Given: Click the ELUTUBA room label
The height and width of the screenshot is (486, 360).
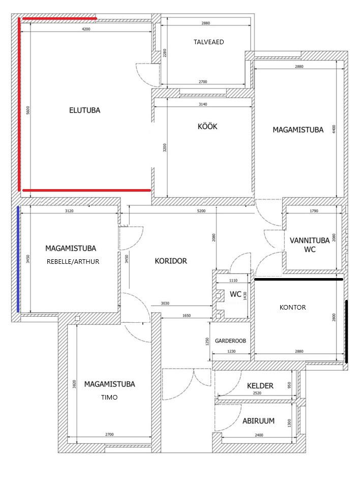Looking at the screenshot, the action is (84, 110).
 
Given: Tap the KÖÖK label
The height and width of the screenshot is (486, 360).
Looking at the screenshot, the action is (207, 126).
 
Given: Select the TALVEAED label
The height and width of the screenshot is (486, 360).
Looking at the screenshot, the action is (208, 42).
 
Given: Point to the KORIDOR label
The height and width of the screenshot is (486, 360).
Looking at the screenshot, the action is (171, 261).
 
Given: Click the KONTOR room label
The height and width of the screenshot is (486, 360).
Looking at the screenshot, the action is (293, 307).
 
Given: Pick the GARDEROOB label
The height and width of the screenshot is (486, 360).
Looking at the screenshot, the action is (230, 341).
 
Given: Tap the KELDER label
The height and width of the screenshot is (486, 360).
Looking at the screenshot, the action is (260, 385).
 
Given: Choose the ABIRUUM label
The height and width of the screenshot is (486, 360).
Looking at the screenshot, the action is (259, 420).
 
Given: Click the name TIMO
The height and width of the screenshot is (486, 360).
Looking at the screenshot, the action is (109, 398).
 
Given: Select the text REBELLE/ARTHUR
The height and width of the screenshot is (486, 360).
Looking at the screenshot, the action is (73, 262).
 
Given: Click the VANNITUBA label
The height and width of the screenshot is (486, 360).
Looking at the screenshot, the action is (310, 240).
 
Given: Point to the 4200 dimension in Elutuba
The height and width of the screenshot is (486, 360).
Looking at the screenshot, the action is (86, 29).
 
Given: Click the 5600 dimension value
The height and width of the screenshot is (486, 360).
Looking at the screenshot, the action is (28, 110).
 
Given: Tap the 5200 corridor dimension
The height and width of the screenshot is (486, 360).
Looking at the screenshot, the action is (201, 211).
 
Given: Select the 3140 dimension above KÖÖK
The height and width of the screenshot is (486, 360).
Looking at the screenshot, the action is (203, 104).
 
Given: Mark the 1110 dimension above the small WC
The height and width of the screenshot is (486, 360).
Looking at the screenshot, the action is (233, 280).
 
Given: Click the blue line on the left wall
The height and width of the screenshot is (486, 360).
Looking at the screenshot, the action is (18, 259).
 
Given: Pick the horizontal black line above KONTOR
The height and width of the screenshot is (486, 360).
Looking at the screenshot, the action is (298, 279).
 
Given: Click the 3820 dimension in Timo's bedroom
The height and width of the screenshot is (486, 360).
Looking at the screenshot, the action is (74, 384).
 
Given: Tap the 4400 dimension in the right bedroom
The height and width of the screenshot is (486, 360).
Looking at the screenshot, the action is (334, 129).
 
